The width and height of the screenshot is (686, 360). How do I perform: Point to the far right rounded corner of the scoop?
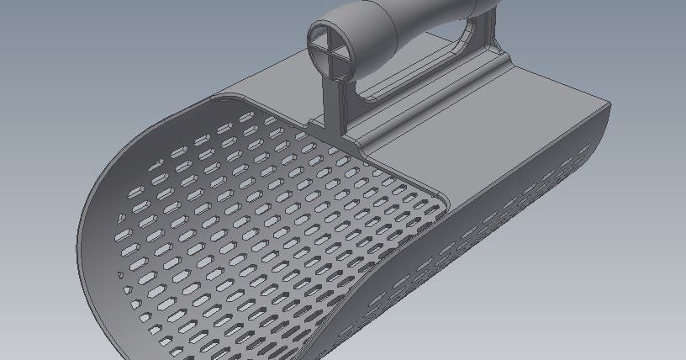click(x=601, y=105)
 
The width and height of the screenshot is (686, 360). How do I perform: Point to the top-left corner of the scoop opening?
click(x=214, y=98)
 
